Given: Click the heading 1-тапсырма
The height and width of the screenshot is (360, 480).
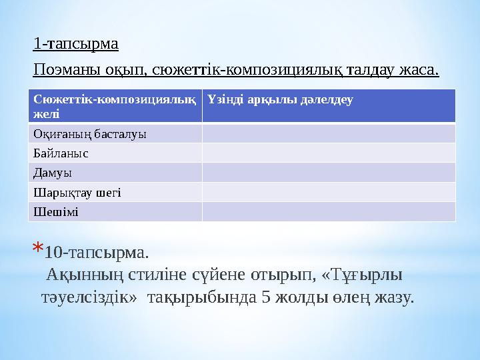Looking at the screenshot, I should [75, 45].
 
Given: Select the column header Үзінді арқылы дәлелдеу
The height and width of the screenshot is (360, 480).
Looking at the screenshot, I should [280, 100].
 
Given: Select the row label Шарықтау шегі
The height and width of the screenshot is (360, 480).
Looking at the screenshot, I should [77, 192].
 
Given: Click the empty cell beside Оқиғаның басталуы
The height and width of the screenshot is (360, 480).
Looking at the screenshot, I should [329, 133].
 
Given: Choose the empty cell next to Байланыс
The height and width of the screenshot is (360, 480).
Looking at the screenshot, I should [329, 153].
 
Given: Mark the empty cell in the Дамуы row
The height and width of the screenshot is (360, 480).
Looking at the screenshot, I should [329, 173].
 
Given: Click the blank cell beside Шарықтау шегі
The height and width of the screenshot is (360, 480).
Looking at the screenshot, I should [329, 192].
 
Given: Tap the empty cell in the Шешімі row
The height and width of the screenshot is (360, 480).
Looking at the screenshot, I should [329, 211].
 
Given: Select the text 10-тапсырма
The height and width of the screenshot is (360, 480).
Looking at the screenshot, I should [98, 253].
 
